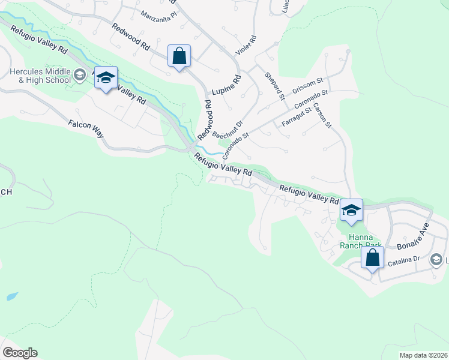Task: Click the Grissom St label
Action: coord(307,88)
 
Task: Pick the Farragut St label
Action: coord(297,116)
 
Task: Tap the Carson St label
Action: coord(322,115)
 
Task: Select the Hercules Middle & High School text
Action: coord(36,76)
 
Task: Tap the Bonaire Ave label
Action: coord(414,237)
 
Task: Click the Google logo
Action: coord(19,353)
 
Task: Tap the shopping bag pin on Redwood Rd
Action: coord(179,57)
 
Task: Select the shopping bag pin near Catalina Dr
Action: coord(372,259)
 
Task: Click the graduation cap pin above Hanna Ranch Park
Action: coord(351,211)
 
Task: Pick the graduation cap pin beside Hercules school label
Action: coord(106,78)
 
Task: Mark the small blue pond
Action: coord(11,296)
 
